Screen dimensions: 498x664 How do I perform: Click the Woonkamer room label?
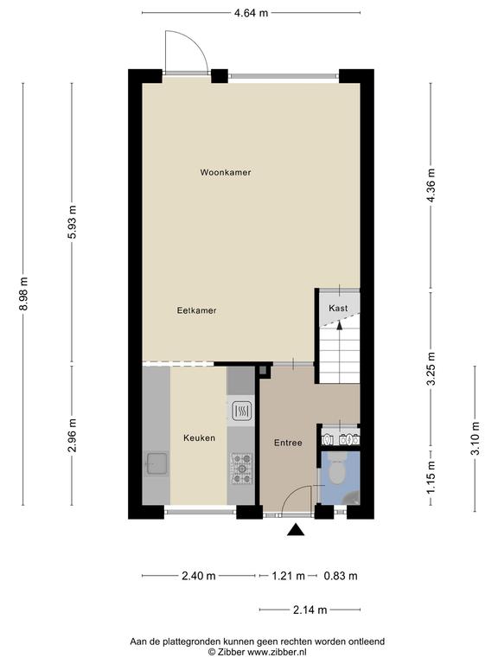coord(226,172)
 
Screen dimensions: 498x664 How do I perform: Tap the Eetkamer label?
coord(196,310)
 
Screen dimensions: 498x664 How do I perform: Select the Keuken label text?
coord(199,437)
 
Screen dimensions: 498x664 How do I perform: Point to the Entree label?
coord(288,443)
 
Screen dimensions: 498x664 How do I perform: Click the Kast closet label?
coord(338,308)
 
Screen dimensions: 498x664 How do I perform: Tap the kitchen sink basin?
coord(157,463)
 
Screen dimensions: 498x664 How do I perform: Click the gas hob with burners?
coord(242,469)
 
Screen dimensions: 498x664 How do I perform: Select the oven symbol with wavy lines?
coord(242,410)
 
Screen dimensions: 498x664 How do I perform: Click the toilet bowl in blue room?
coord(337,472)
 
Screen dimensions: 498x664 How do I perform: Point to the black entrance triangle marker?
coord(296,530)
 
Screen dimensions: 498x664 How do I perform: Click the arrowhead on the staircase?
coord(339,325)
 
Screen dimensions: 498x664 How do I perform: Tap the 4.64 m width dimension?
coord(251,13)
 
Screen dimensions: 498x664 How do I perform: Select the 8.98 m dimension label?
coord(23,293)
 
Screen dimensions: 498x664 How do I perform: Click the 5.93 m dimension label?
coord(73,222)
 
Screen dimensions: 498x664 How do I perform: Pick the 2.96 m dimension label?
coord(73,436)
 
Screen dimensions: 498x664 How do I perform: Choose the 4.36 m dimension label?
coord(431,185)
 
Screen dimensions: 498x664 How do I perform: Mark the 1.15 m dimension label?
coord(431,477)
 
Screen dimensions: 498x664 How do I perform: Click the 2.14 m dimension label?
coord(310,610)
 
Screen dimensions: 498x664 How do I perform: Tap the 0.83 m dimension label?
coord(341,576)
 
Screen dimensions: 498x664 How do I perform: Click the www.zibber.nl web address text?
coord(277,652)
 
